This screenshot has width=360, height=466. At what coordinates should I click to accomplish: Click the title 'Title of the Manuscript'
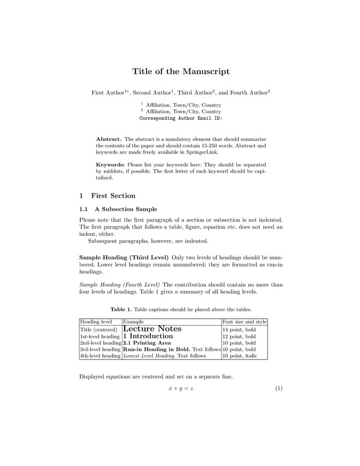pos(180,72)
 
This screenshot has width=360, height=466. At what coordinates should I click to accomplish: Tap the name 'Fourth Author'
pos(248,93)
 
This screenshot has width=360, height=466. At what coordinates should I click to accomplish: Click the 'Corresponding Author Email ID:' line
pos(180,118)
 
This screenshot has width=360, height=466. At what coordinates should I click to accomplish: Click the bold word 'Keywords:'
pos(110,165)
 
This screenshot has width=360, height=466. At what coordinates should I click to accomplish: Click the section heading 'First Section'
pos(113,196)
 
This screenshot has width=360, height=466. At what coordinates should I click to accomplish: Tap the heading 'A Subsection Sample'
pos(126,209)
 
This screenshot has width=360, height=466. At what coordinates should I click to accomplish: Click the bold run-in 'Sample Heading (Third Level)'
pos(124,257)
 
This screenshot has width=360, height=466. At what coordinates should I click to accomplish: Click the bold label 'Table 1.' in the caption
pos(121,310)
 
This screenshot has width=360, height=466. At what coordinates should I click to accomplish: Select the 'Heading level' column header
pos(96,322)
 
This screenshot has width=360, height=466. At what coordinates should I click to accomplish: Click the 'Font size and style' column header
pos(244,322)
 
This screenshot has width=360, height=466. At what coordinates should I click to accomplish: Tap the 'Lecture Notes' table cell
pos(152,329)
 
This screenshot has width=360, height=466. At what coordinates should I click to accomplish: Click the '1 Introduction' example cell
pos(148,336)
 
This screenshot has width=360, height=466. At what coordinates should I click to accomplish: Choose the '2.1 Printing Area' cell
pos(147,343)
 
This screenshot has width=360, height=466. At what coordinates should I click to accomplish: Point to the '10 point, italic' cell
pos(239,356)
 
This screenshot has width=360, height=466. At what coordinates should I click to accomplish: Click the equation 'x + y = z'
pos(180,388)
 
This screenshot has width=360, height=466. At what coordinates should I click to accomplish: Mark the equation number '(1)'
pos(278,388)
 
